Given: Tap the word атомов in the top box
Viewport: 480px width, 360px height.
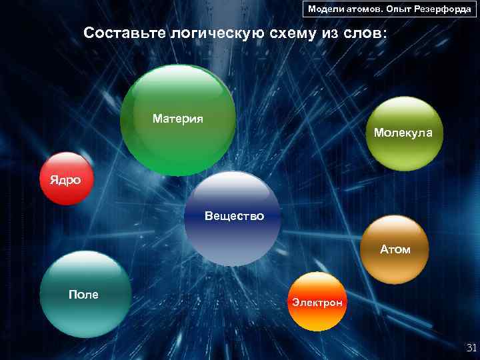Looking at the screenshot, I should (364, 9).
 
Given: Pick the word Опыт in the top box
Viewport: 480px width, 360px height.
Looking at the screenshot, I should (399, 9).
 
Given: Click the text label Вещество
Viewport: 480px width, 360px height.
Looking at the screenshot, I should (234, 216).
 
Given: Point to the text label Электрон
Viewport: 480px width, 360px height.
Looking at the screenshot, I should (317, 303).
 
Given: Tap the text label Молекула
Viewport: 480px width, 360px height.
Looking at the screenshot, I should (403, 133).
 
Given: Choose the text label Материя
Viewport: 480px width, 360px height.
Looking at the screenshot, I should (178, 119).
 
